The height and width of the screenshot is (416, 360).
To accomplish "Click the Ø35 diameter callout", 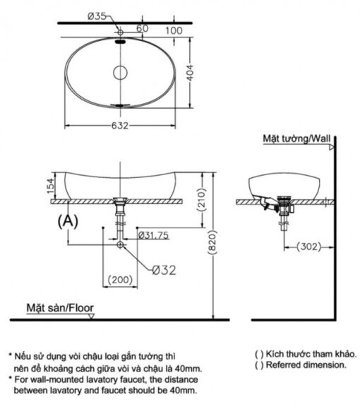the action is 97,16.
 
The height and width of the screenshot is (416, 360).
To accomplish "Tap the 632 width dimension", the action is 120,126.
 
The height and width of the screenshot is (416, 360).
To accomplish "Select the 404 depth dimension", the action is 190,73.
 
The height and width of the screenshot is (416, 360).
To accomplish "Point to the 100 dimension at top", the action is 174,31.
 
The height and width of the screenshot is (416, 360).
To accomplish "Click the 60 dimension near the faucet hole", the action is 143,28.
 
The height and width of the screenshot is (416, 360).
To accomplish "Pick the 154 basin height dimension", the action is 51,186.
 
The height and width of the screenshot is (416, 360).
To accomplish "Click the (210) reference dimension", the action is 202,199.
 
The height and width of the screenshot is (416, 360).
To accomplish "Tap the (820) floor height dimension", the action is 212,242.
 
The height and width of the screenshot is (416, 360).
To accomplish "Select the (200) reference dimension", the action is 120,280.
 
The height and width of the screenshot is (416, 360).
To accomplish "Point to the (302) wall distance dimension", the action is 309,246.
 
